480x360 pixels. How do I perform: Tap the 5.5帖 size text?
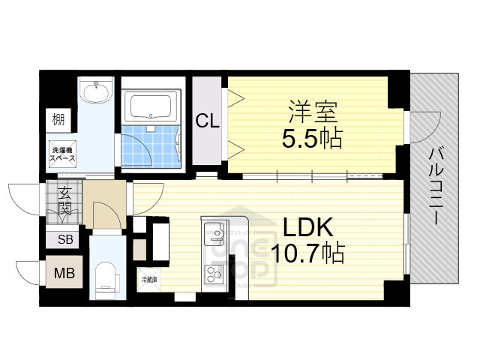pos(313,138)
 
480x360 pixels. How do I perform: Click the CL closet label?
pos(208,121)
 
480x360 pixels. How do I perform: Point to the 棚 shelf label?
pos(58,118)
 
